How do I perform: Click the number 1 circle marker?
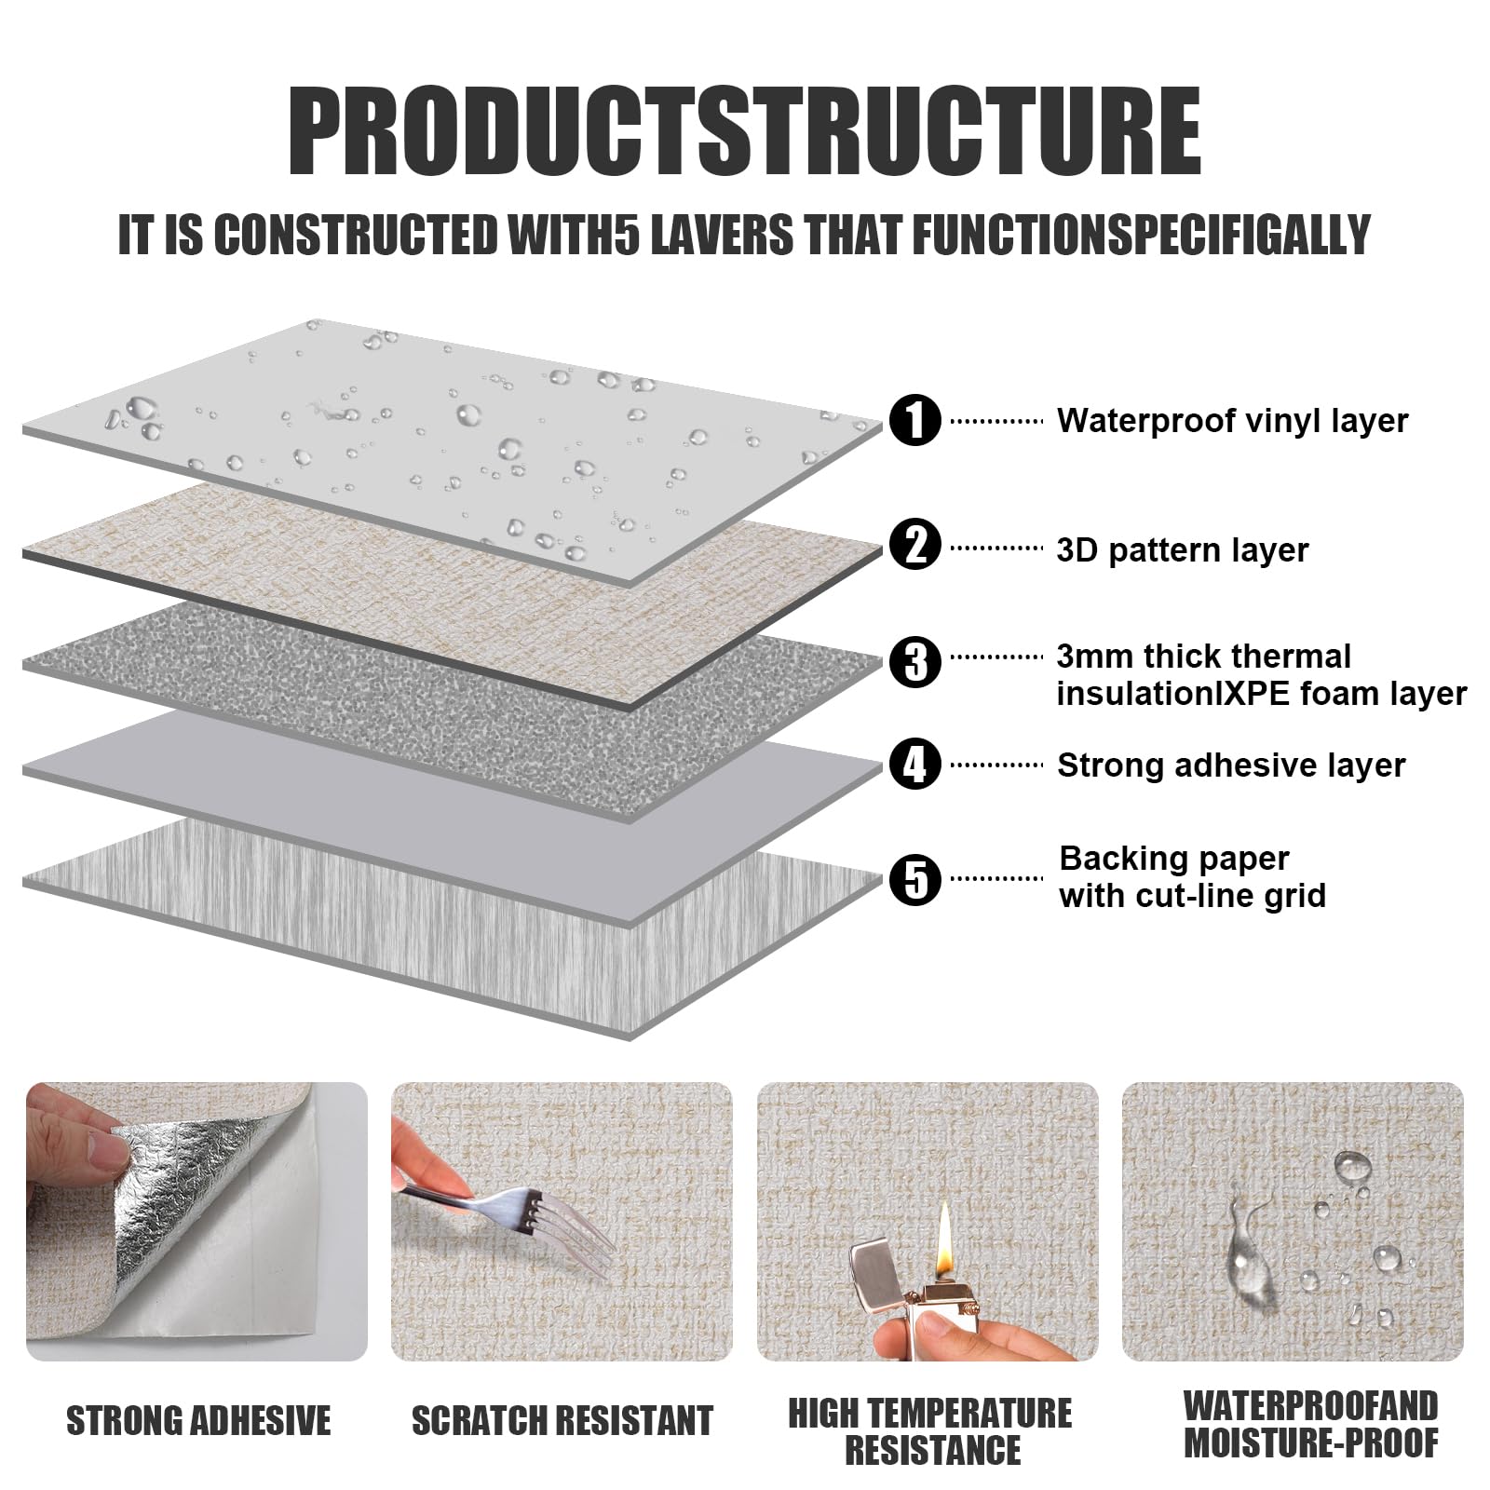tap(915, 420)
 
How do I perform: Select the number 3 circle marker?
tap(915, 661)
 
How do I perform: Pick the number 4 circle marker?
tap(915, 764)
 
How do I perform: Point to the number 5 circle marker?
tap(915, 879)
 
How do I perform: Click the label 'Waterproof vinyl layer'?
tap(1232, 421)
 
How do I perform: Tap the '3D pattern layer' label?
tap(1183, 550)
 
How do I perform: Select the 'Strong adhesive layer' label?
tap(1231, 765)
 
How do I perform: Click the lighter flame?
tap(945, 1231)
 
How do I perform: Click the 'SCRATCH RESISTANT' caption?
tap(562, 1421)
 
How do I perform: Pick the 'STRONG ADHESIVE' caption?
tap(198, 1421)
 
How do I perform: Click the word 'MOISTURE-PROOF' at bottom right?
tap(1311, 1443)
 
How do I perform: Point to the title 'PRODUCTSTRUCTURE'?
tap(744, 129)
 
